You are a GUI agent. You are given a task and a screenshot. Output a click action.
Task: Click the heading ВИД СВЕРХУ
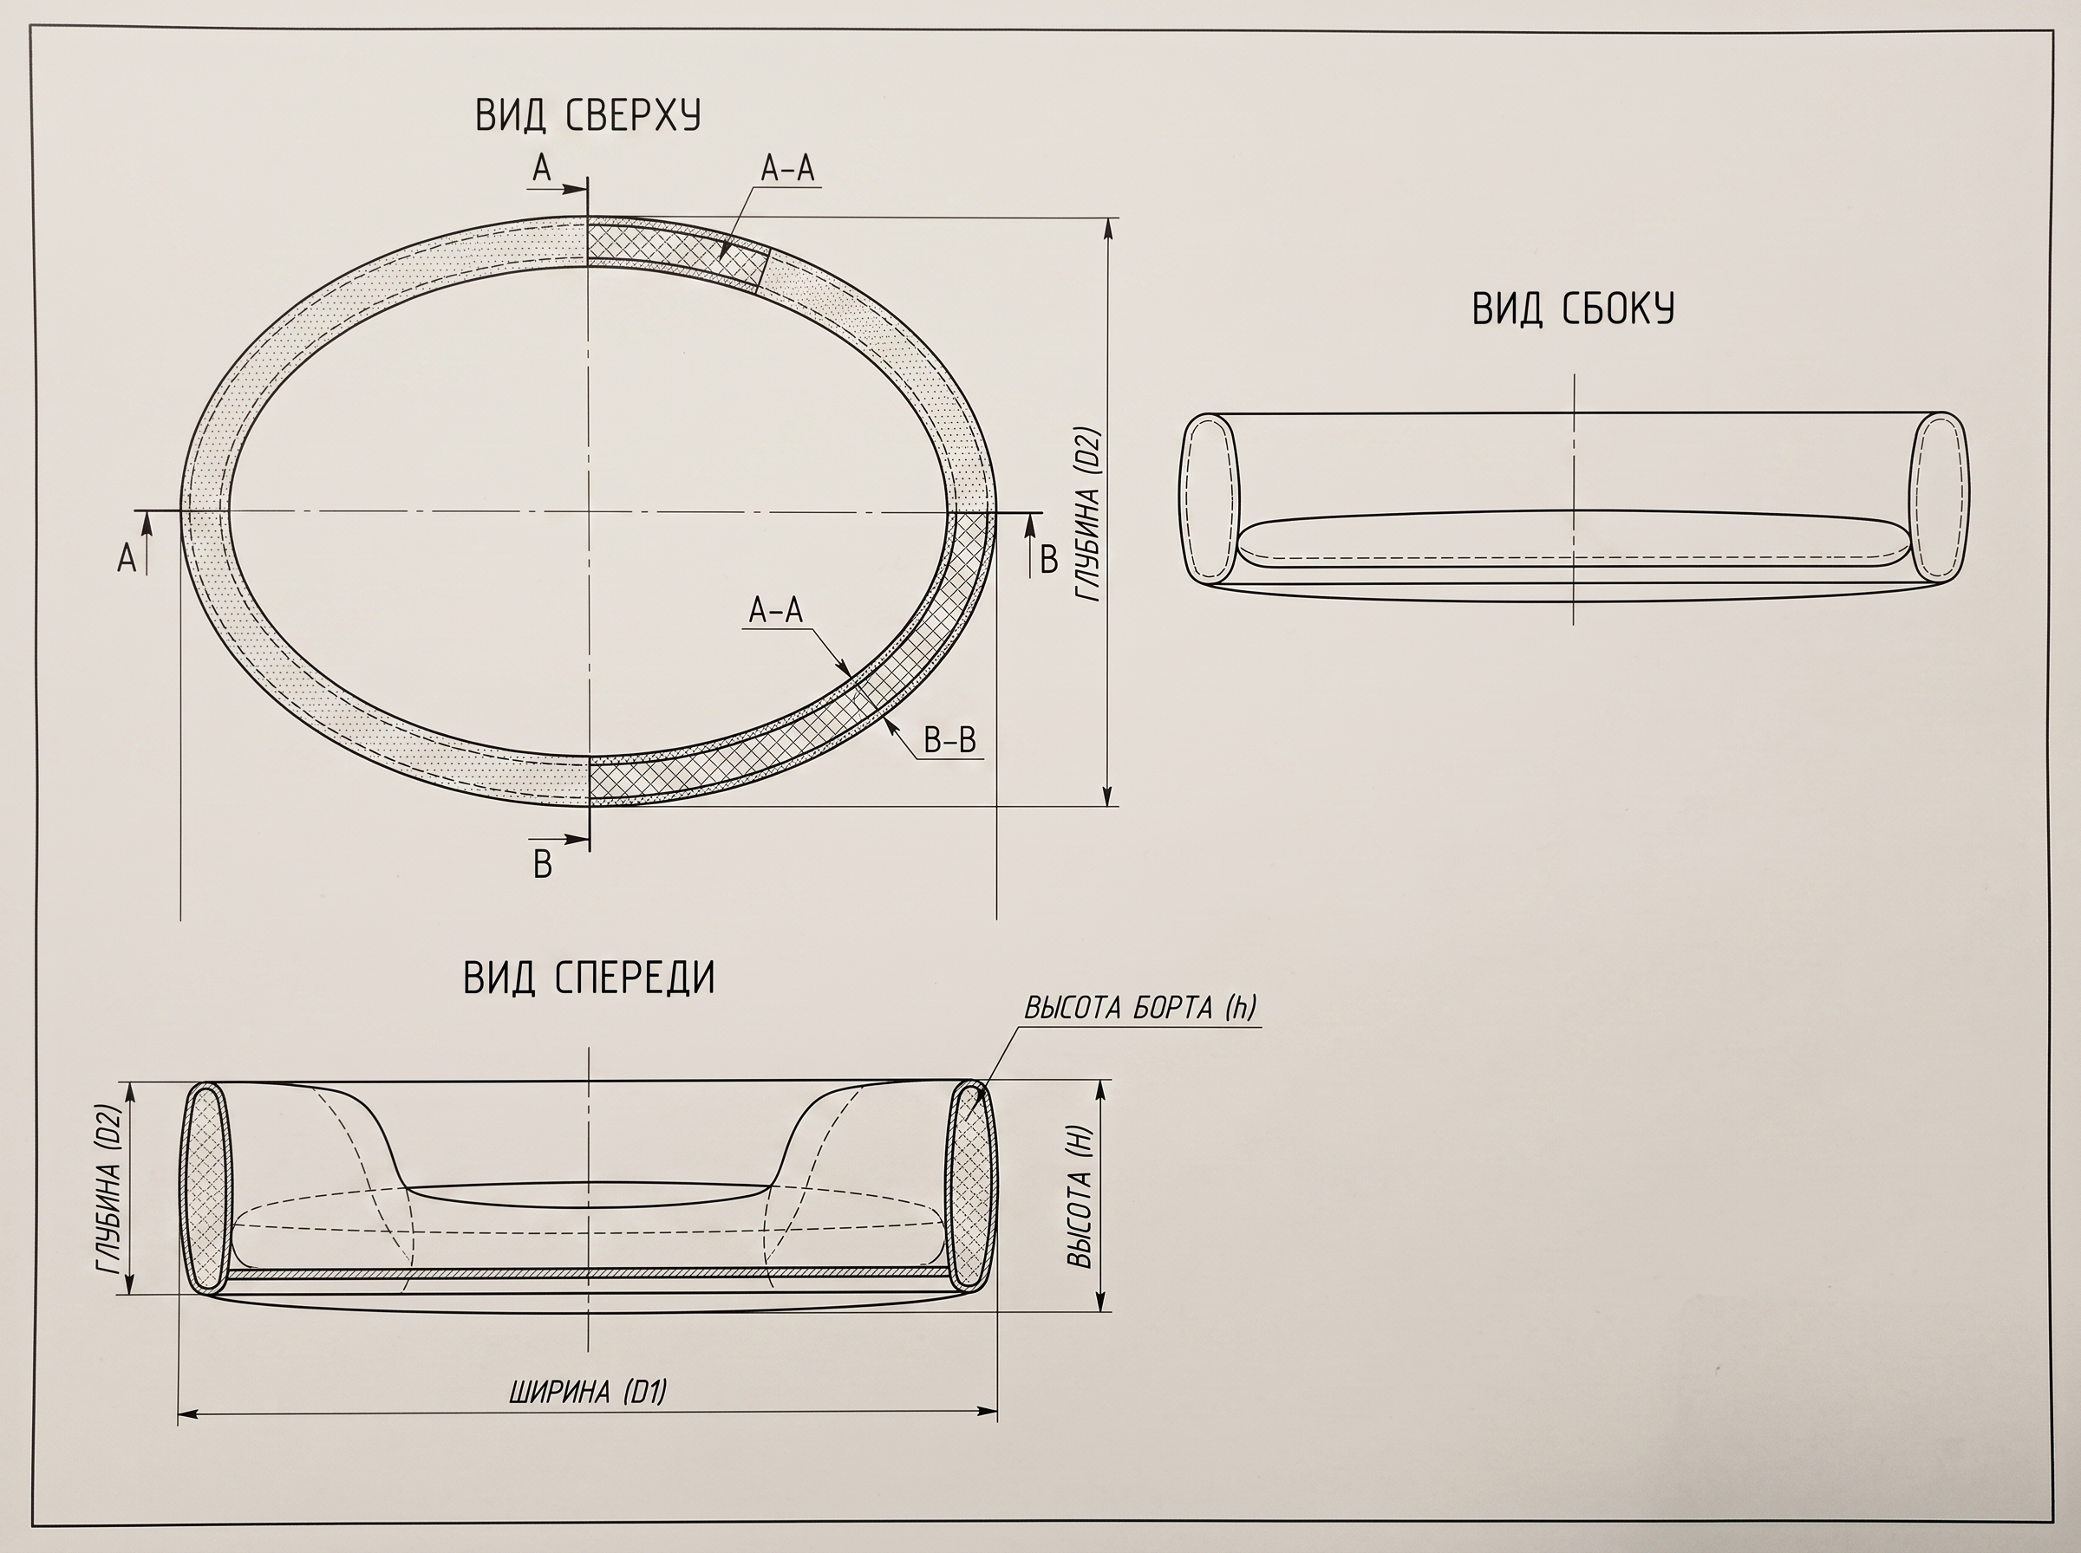click(588, 114)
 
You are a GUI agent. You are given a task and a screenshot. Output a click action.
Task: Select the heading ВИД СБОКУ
click(1573, 309)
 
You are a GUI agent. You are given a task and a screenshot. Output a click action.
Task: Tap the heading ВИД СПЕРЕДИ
click(590, 978)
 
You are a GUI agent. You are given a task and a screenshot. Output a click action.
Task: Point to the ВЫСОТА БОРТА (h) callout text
click(1139, 1008)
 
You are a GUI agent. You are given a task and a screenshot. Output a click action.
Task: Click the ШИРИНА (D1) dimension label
click(588, 1391)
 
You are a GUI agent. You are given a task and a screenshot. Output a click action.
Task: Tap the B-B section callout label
click(949, 741)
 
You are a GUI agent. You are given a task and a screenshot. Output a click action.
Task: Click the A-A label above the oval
click(787, 168)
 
